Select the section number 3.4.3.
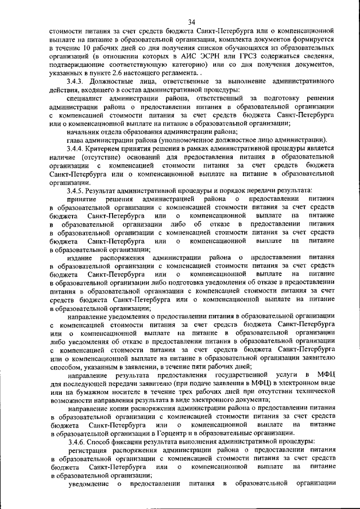coord(76,82)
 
